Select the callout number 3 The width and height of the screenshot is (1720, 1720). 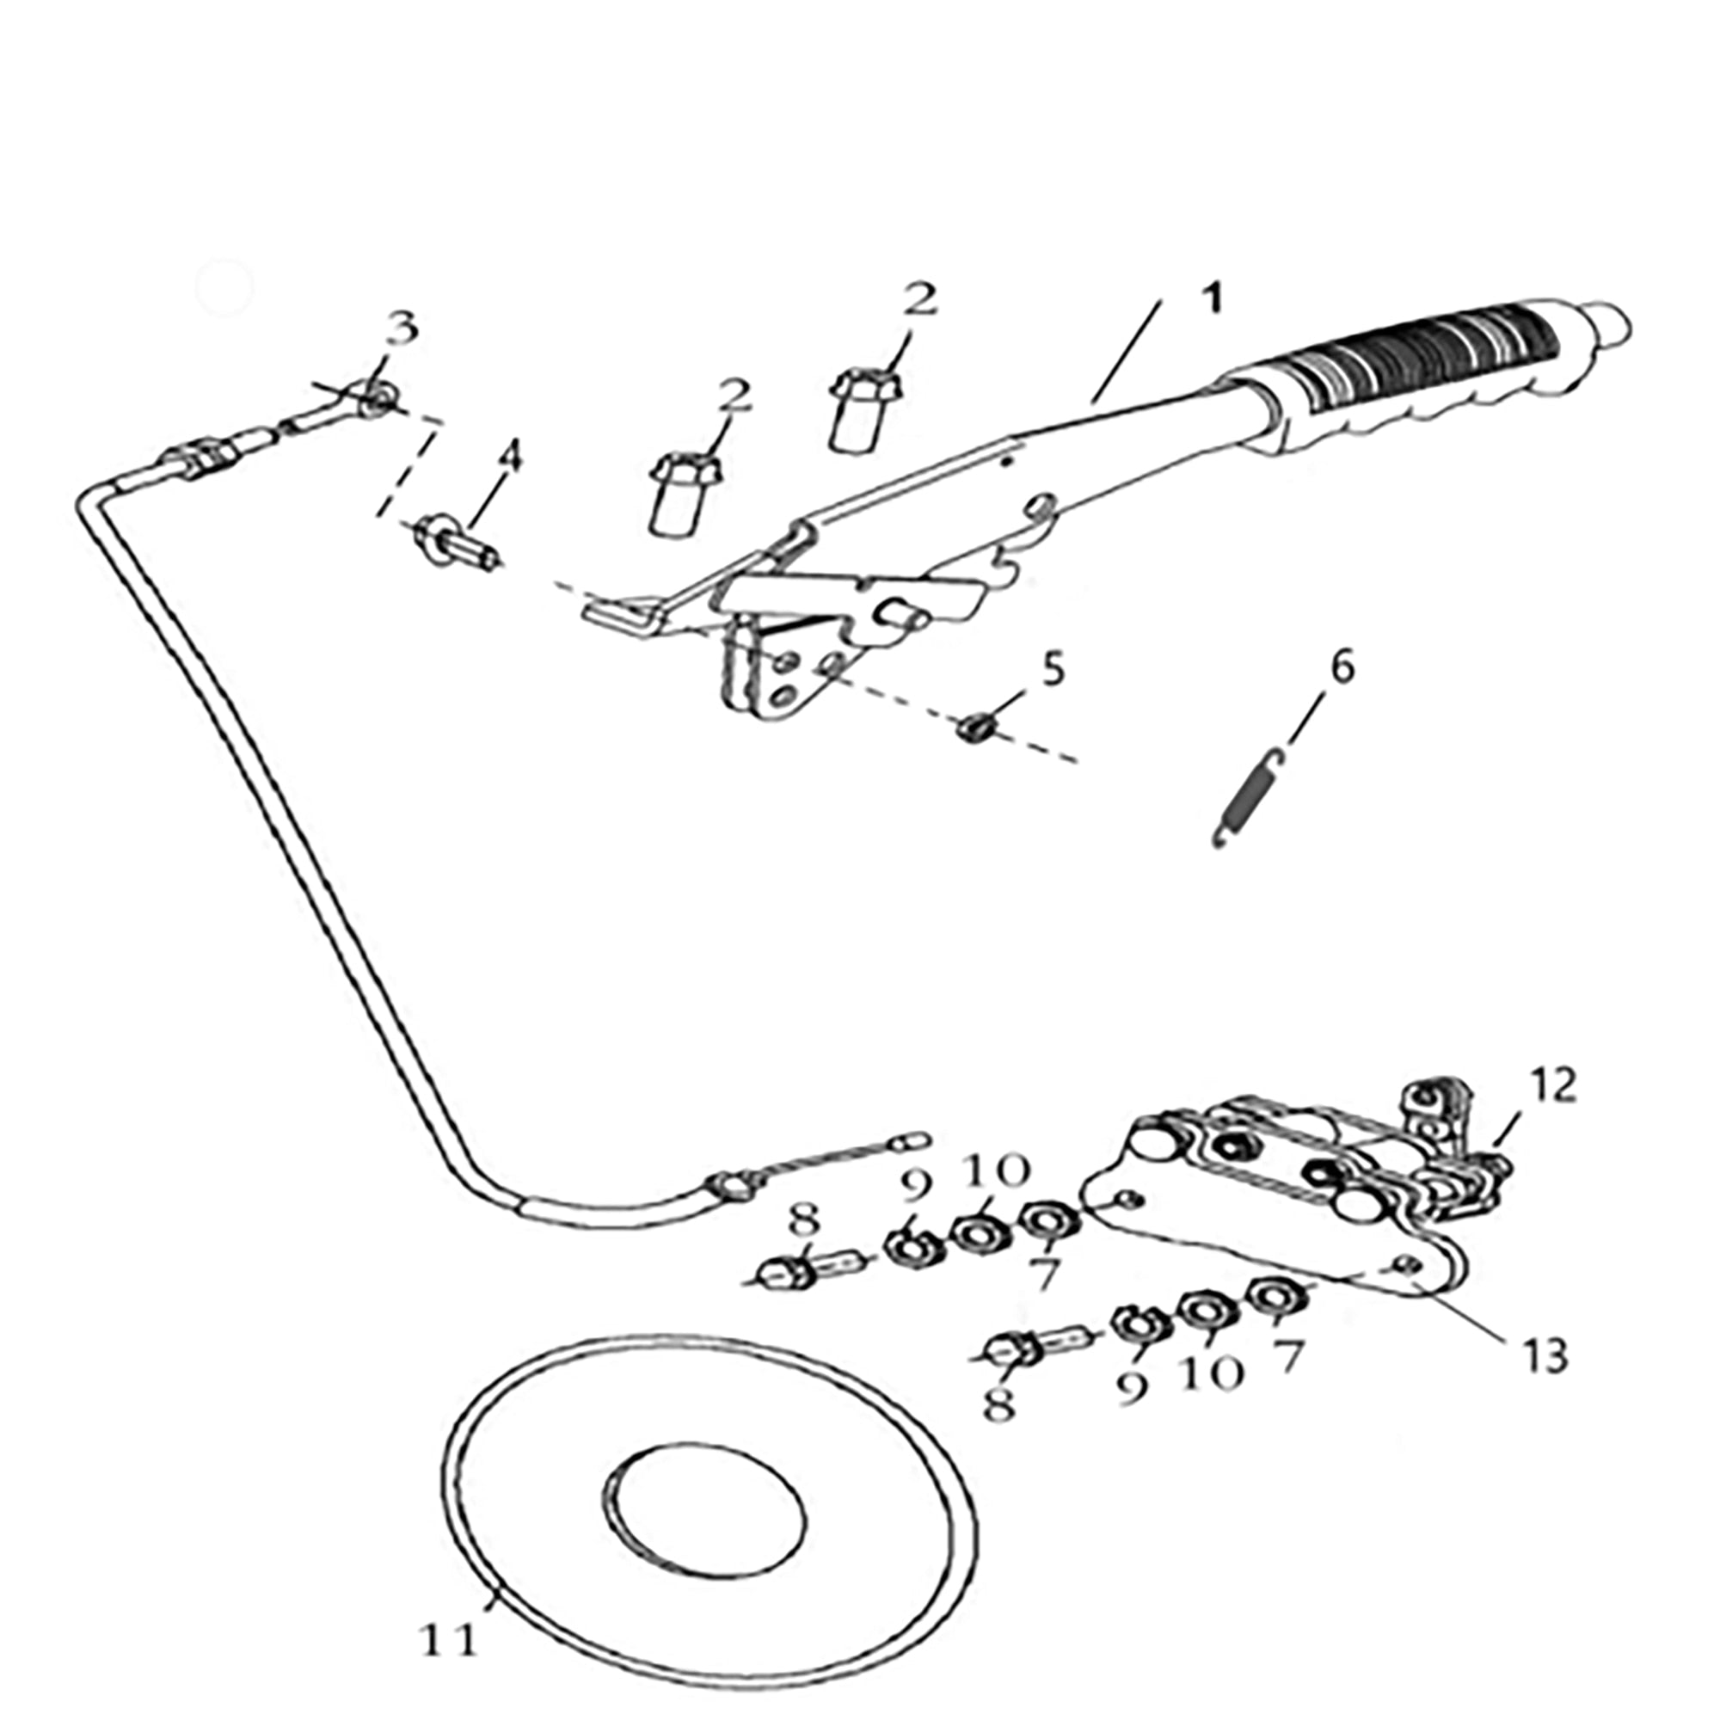pyautogui.click(x=402, y=329)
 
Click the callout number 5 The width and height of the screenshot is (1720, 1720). pyautogui.click(x=1053, y=669)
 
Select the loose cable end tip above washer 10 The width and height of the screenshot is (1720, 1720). pyautogui.click(x=916, y=1139)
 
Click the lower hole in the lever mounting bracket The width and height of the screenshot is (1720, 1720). pyautogui.click(x=783, y=700)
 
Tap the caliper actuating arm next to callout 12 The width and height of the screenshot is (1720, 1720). pyautogui.click(x=1432, y=1113)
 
